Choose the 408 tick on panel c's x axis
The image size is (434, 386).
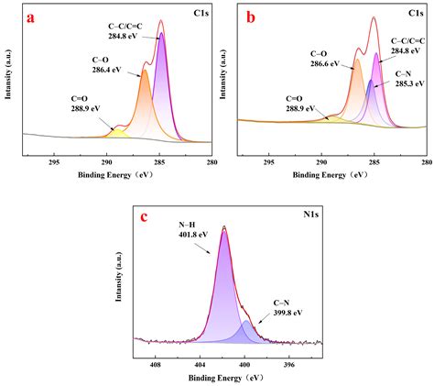pyautogui.click(x=156, y=364)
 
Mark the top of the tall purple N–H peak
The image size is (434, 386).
pyautogui.click(x=224, y=232)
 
